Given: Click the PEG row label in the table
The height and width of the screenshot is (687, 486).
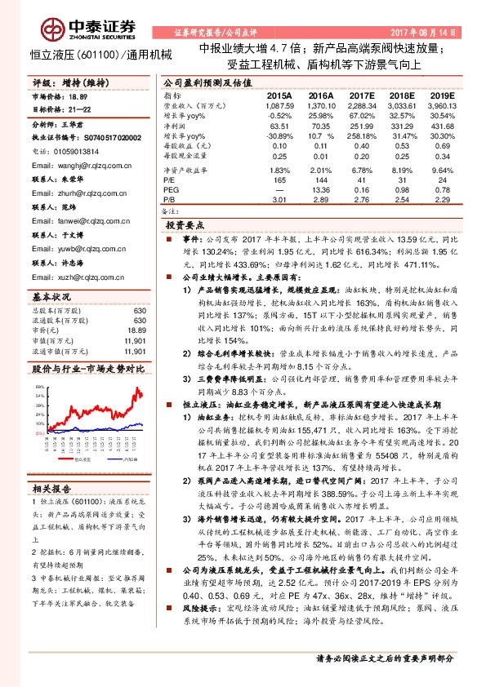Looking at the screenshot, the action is coord(171,188).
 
